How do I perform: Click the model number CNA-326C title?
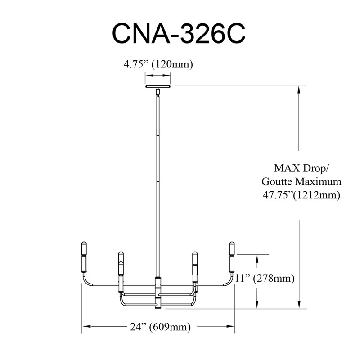click(x=179, y=33)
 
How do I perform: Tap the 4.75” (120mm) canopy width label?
click(x=158, y=64)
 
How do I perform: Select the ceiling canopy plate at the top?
click(x=158, y=86)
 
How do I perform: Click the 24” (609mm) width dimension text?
click(x=160, y=327)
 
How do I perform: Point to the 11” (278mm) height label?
click(x=265, y=278)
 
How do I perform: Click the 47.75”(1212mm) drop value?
click(x=301, y=195)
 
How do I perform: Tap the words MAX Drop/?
click(x=301, y=168)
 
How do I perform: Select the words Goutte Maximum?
click(x=301, y=182)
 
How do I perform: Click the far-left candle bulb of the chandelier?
click(x=84, y=257)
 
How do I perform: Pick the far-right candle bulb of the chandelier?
click(x=232, y=257)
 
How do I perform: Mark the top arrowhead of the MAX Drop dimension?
click(x=299, y=90)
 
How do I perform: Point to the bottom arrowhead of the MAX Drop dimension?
click(x=299, y=304)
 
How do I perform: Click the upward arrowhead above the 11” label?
click(x=257, y=259)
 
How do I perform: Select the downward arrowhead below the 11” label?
click(x=257, y=304)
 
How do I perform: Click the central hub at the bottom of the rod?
click(x=158, y=293)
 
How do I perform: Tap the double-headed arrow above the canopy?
click(x=158, y=75)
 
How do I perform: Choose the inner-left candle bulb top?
click(x=121, y=254)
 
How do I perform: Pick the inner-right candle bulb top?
click(x=195, y=254)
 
